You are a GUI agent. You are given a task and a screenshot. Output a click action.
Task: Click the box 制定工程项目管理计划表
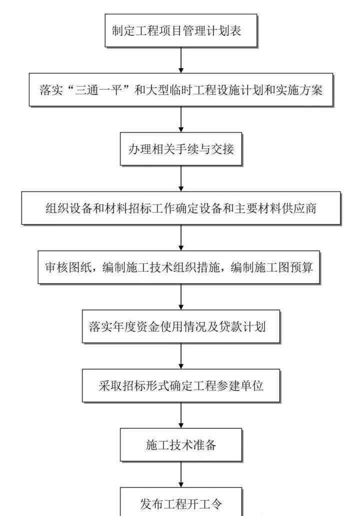[180, 30]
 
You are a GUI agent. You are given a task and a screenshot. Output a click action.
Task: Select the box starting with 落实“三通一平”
[180, 90]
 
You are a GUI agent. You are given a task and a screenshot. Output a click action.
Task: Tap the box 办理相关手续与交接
[180, 149]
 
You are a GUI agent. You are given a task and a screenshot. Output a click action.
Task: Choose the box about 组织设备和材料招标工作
[180, 208]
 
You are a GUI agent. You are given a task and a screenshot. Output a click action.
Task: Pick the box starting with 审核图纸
[178, 267]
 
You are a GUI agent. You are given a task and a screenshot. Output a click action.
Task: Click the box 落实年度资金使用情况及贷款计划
[180, 326]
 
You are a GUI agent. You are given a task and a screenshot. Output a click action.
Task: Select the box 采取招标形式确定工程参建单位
[180, 385]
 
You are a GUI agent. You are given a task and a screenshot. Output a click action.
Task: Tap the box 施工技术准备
[180, 445]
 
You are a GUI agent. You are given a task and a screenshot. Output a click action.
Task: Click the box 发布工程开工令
[180, 502]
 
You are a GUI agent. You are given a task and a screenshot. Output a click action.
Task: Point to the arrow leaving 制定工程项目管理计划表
[180, 60]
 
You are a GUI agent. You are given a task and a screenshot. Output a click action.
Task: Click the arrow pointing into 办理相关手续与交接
[180, 119]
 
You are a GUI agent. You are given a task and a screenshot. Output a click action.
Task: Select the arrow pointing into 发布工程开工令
[180, 474]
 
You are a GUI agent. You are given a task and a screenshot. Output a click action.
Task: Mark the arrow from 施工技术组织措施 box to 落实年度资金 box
[180, 297]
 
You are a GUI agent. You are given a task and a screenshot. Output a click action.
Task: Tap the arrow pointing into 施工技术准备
[180, 415]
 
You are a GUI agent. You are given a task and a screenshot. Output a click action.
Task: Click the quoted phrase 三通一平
[98, 90]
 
